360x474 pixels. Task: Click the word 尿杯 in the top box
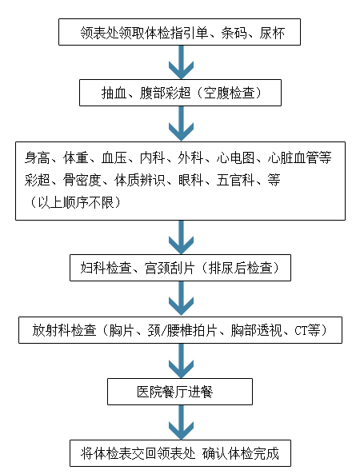(272, 32)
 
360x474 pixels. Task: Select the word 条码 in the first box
(234, 32)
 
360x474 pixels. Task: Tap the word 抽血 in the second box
(114, 93)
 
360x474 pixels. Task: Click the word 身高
(38, 157)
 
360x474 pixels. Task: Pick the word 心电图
(235, 157)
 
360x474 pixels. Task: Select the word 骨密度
(82, 180)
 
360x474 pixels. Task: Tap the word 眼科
(190, 180)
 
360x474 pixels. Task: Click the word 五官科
(235, 180)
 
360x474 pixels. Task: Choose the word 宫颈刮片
(170, 268)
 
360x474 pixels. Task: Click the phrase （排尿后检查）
(239, 268)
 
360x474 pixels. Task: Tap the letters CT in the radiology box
(301, 330)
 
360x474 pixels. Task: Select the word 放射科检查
(64, 330)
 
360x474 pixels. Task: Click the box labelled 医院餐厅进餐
(180, 392)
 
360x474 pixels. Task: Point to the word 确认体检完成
(241, 453)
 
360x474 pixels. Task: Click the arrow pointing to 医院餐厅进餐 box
(182, 360)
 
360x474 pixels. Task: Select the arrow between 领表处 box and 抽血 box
(182, 62)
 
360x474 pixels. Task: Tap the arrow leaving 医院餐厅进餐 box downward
(182, 422)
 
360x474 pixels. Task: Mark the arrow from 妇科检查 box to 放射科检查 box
(182, 299)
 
